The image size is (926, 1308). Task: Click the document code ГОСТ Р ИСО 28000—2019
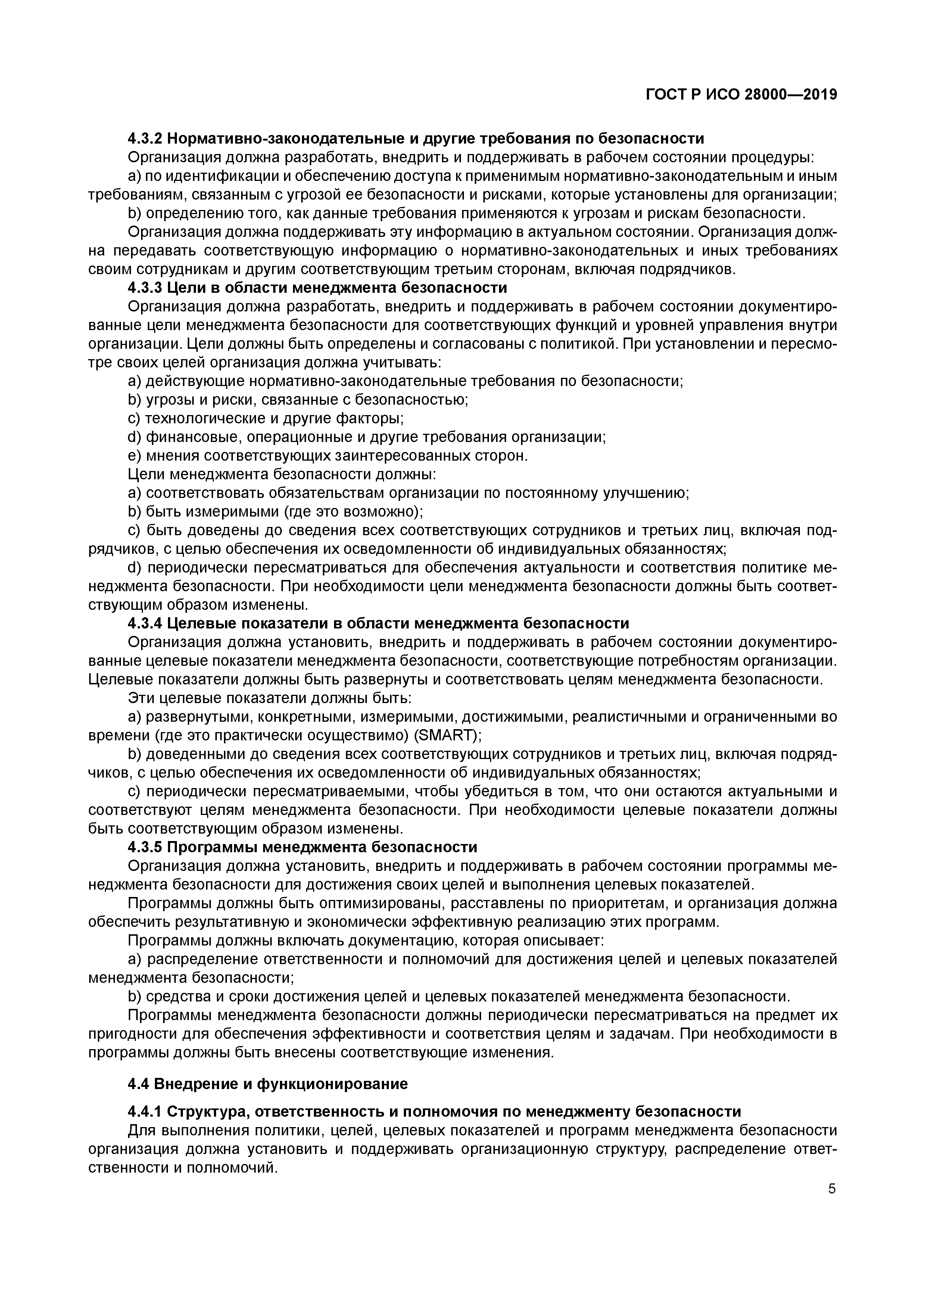click(741, 95)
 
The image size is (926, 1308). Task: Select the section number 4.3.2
click(146, 138)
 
